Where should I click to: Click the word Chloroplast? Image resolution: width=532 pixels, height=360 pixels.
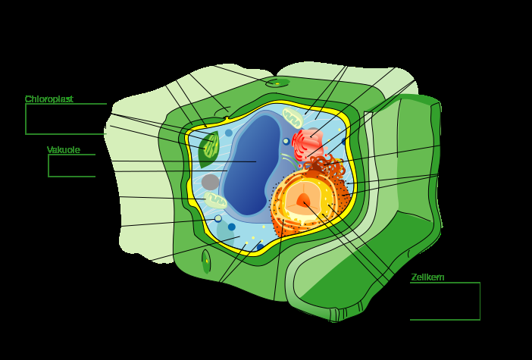click(49, 99)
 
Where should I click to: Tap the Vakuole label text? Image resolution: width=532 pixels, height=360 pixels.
click(64, 150)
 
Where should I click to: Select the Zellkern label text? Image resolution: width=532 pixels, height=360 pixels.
click(427, 277)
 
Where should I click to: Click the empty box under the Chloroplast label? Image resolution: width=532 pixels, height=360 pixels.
click(65, 119)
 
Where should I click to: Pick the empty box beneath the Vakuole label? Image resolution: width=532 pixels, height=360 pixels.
click(71, 166)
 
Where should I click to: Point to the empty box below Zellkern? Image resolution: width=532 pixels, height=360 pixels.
click(445, 301)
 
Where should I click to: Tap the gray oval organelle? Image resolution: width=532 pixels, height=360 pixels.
click(210, 182)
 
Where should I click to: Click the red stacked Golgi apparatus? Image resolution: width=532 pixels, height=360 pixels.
click(308, 142)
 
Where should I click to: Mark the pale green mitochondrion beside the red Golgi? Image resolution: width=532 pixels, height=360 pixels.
click(293, 117)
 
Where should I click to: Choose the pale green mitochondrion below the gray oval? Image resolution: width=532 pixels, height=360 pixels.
click(216, 200)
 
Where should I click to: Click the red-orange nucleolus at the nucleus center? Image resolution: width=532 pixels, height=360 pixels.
click(305, 202)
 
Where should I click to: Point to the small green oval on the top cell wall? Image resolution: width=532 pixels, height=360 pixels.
click(277, 82)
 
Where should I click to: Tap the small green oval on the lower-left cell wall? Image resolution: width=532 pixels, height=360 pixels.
click(206, 261)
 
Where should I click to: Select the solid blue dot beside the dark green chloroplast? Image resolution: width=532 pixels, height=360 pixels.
click(229, 133)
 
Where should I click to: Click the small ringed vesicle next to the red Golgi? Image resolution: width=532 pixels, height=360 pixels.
click(286, 141)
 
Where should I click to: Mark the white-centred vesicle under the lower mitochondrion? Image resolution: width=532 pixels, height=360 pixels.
click(218, 218)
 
